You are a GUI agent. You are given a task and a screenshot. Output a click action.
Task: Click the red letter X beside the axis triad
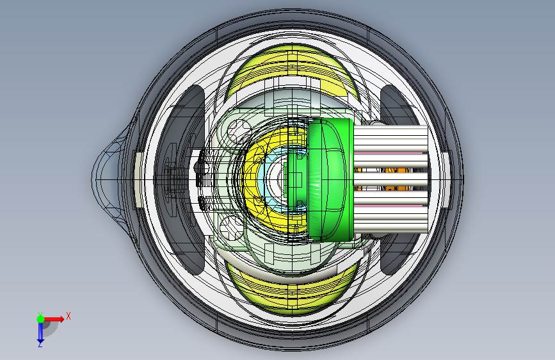(68, 316)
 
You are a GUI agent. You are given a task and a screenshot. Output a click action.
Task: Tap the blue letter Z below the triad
(40, 344)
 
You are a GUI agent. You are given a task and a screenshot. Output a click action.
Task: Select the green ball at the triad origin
(40, 319)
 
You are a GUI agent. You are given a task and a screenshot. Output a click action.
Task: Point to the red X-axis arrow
(53, 319)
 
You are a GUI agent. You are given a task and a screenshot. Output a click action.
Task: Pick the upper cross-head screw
(239, 131)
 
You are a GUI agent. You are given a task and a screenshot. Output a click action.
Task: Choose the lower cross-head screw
(232, 227)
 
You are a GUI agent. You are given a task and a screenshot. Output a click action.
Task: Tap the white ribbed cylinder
(390, 179)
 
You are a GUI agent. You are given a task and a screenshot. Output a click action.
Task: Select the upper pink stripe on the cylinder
(389, 154)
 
